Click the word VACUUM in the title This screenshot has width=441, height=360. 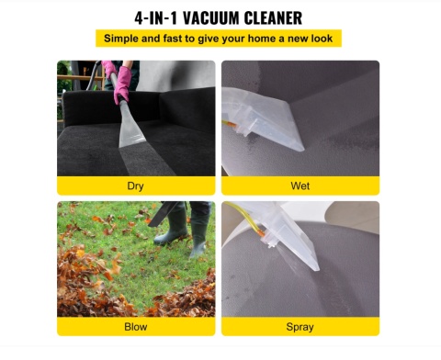pyautogui.click(x=211, y=18)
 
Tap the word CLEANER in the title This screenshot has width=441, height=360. pyautogui.click(x=273, y=18)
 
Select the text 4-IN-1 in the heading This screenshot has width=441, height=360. pyautogui.click(x=156, y=18)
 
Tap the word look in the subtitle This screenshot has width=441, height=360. pyautogui.click(x=322, y=39)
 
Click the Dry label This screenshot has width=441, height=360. pyautogui.click(x=135, y=186)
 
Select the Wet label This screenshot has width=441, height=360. pyautogui.click(x=300, y=186)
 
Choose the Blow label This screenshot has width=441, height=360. pyautogui.click(x=136, y=327)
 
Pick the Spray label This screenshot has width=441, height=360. pyautogui.click(x=300, y=327)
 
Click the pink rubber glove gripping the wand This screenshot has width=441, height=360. pyautogui.click(x=122, y=84)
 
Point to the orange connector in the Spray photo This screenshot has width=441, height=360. pyautogui.click(x=261, y=233)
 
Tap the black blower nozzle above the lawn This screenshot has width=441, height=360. pyautogui.click(x=163, y=213)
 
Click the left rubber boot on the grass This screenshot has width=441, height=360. pyautogui.click(x=173, y=225)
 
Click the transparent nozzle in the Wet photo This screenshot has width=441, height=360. pyautogui.click(x=264, y=119)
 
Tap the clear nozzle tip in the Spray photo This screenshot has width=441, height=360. pyautogui.click(x=314, y=266)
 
